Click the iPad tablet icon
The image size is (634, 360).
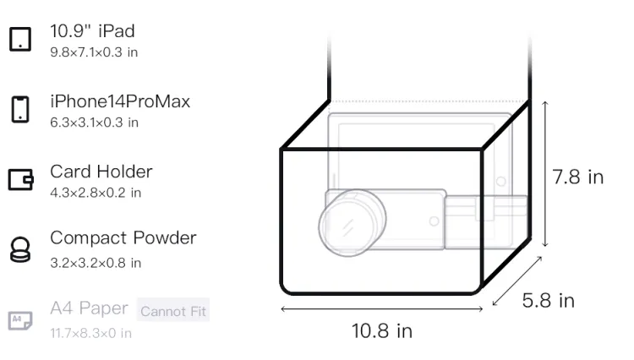click(20, 39)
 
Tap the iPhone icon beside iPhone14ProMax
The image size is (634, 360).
click(20, 109)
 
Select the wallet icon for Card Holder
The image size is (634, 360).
click(20, 179)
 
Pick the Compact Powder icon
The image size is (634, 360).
click(20, 249)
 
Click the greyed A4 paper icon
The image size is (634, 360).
click(20, 320)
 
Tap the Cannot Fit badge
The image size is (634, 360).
click(173, 310)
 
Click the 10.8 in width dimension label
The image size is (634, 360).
click(382, 331)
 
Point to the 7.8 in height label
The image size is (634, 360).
click(578, 177)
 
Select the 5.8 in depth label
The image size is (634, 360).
click(548, 300)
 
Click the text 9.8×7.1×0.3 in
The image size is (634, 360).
click(94, 52)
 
